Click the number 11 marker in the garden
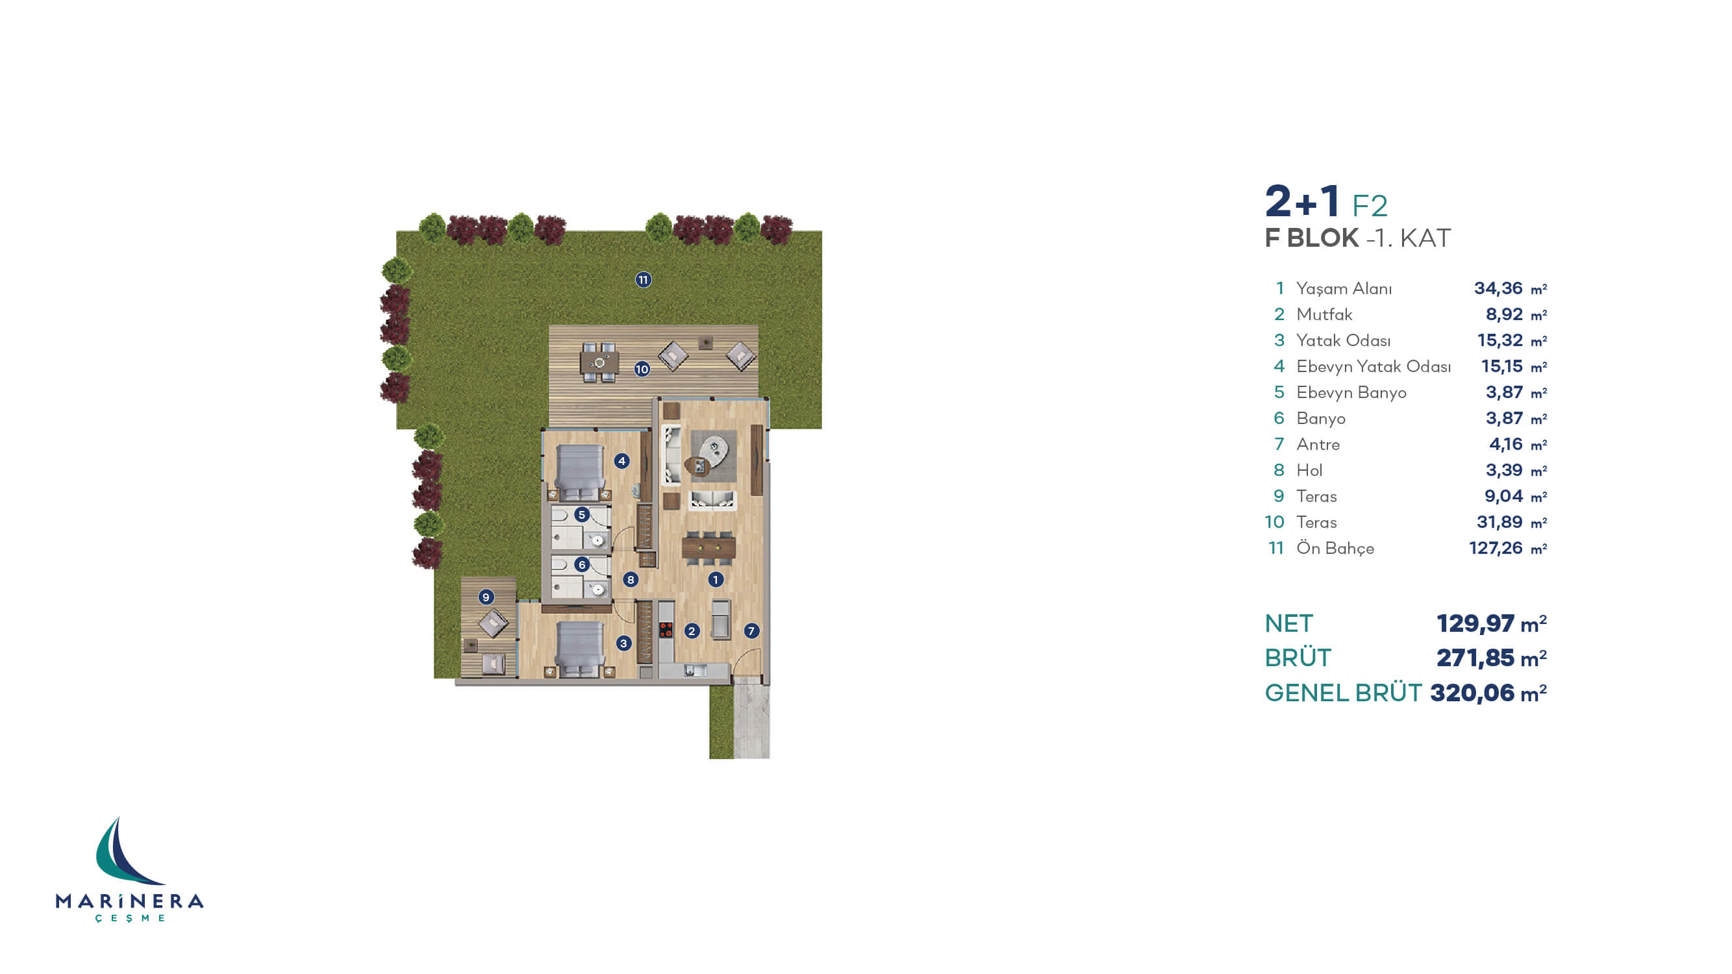(643, 280)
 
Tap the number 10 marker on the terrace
(642, 369)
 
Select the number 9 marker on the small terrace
(486, 597)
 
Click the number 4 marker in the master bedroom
(621, 461)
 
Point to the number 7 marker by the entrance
(751, 631)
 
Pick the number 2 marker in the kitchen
(691, 631)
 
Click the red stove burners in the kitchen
(666, 630)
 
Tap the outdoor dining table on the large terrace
(599, 363)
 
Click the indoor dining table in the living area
(708, 547)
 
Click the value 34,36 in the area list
(1498, 288)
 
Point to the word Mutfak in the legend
(1324, 314)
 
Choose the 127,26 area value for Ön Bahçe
(1496, 549)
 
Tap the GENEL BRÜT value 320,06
(1472, 693)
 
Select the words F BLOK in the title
(1311, 238)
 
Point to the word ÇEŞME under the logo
(130, 918)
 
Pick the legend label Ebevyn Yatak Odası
(1373, 366)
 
